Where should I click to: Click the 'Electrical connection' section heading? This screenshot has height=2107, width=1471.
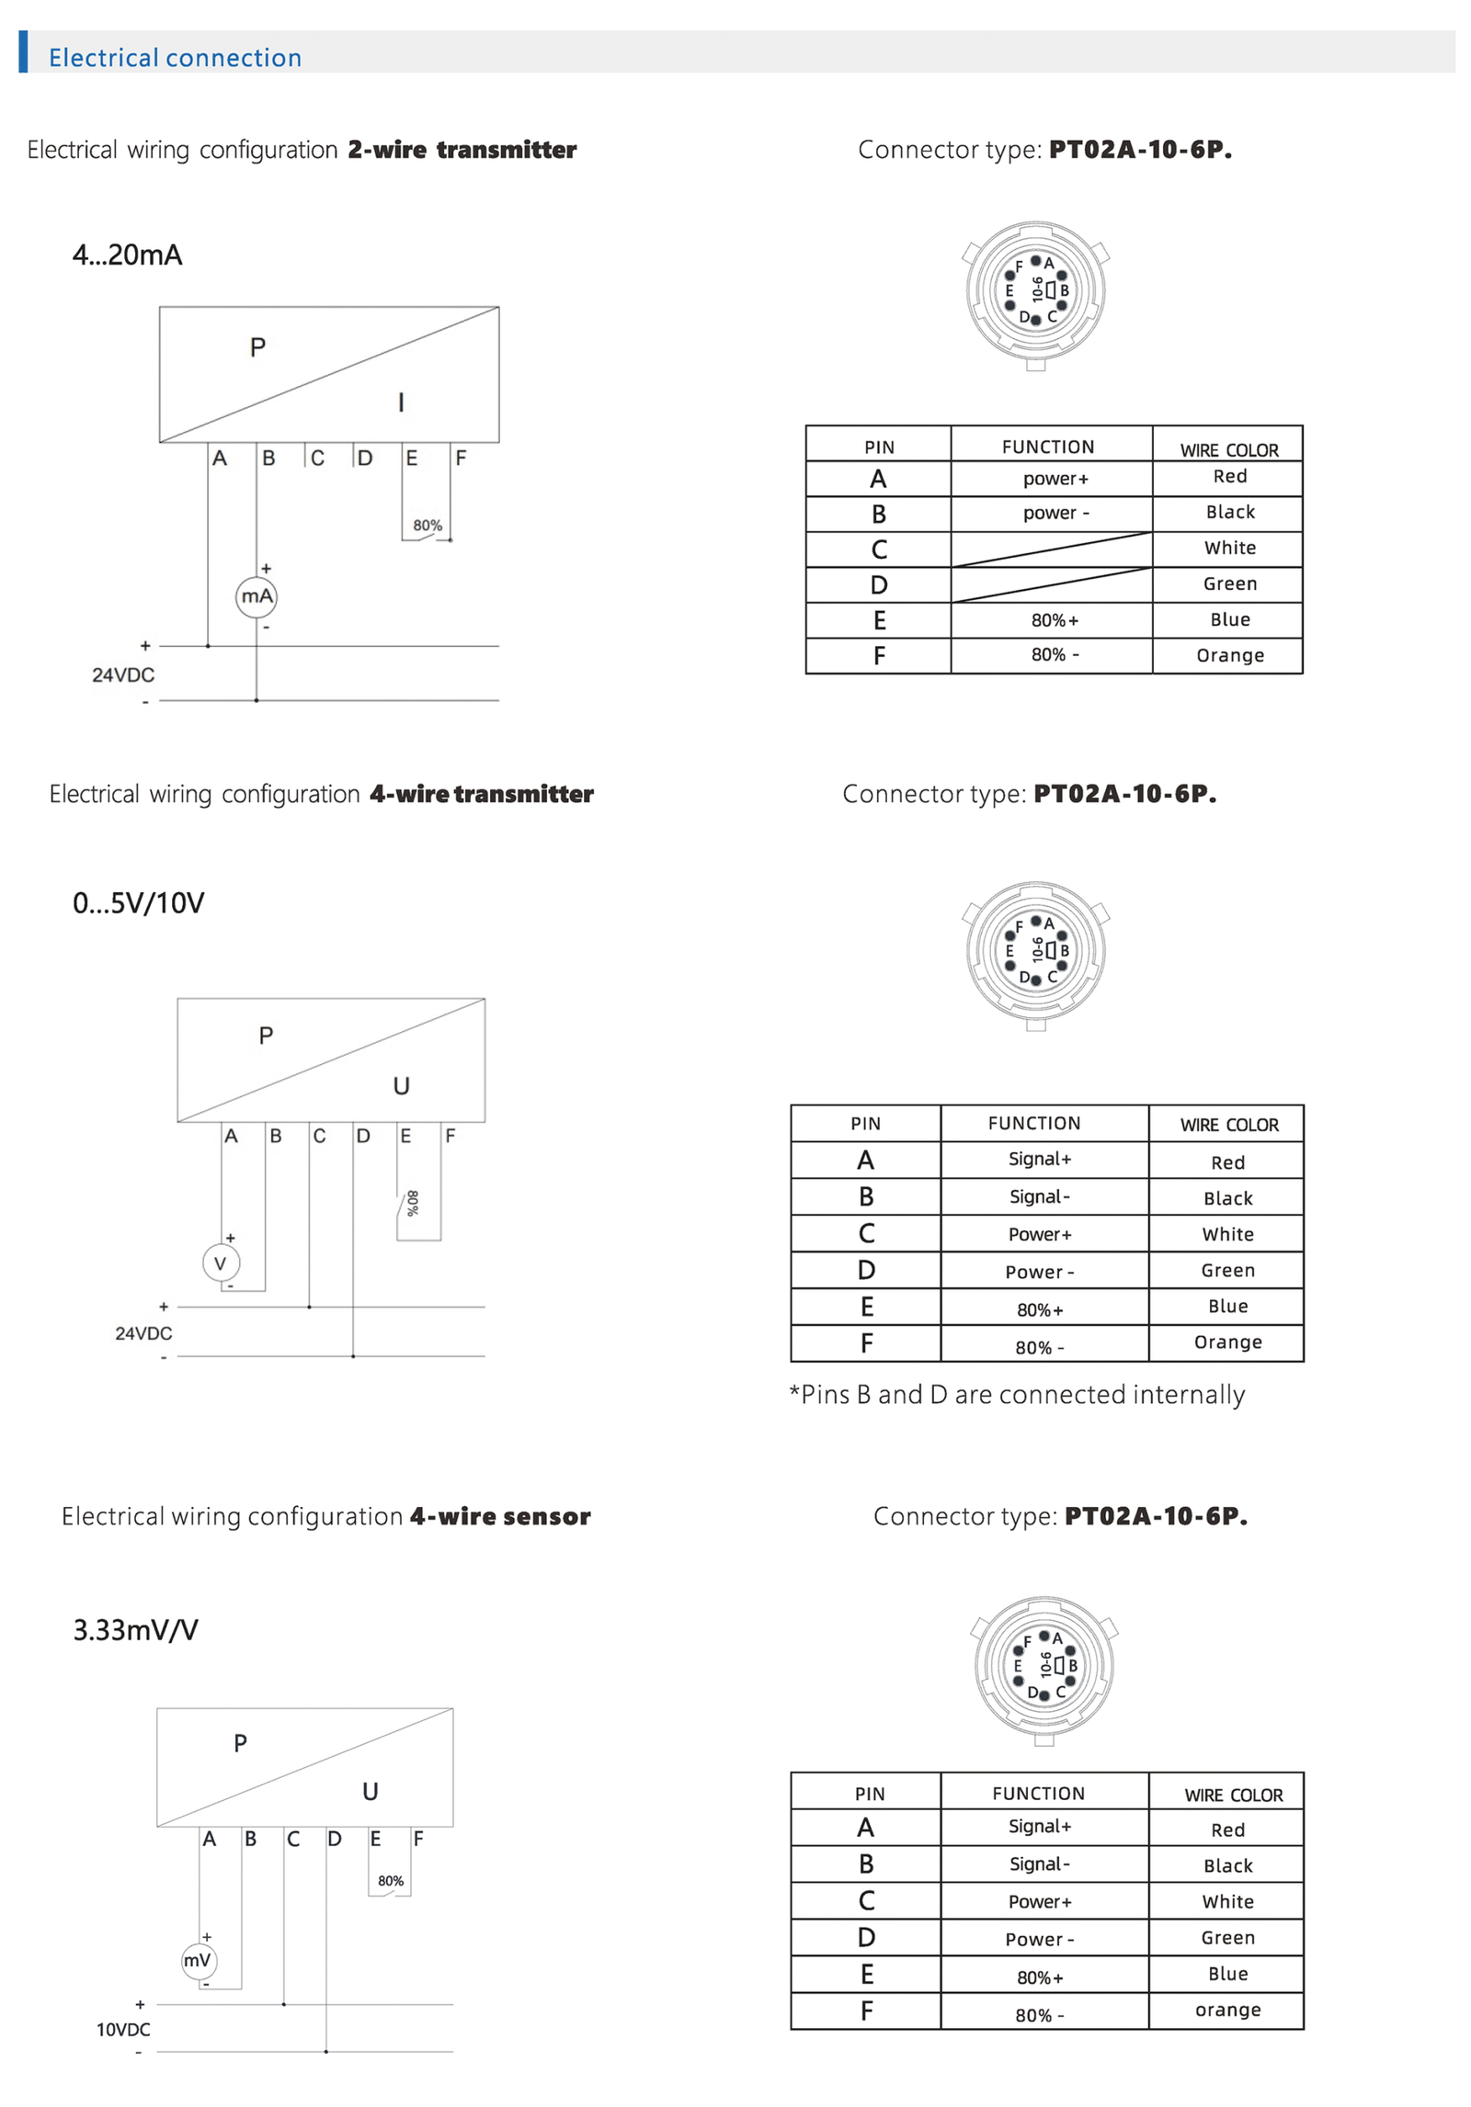175,57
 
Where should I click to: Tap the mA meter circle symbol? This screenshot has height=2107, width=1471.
257,596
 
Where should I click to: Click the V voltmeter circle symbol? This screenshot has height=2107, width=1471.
221,1263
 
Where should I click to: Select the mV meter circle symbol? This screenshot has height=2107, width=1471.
198,1960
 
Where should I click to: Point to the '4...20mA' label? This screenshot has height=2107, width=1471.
128,255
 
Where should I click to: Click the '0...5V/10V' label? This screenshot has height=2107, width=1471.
139,902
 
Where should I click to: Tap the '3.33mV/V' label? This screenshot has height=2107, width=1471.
136,1629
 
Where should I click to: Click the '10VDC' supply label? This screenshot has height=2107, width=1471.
123,2029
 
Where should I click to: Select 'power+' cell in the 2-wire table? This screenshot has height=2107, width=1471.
1055,479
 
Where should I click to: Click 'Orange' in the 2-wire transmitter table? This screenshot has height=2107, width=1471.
1229,655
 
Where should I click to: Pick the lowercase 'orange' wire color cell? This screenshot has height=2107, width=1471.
1227,2010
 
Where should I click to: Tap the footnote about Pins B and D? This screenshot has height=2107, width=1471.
1016,1394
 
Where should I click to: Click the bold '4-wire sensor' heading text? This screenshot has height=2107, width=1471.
500,1516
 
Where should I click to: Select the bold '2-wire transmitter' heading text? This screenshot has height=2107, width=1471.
462,150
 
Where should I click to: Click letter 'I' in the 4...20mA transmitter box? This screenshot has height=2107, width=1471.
401,402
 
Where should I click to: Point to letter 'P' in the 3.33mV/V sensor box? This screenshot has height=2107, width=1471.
241,1743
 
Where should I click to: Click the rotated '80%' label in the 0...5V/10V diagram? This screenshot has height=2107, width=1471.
413,1203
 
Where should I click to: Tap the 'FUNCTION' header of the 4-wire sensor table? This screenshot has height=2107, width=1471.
1038,1793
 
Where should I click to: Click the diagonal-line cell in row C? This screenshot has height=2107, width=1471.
1051,549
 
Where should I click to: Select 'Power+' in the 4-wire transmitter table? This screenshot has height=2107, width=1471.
1040,1234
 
